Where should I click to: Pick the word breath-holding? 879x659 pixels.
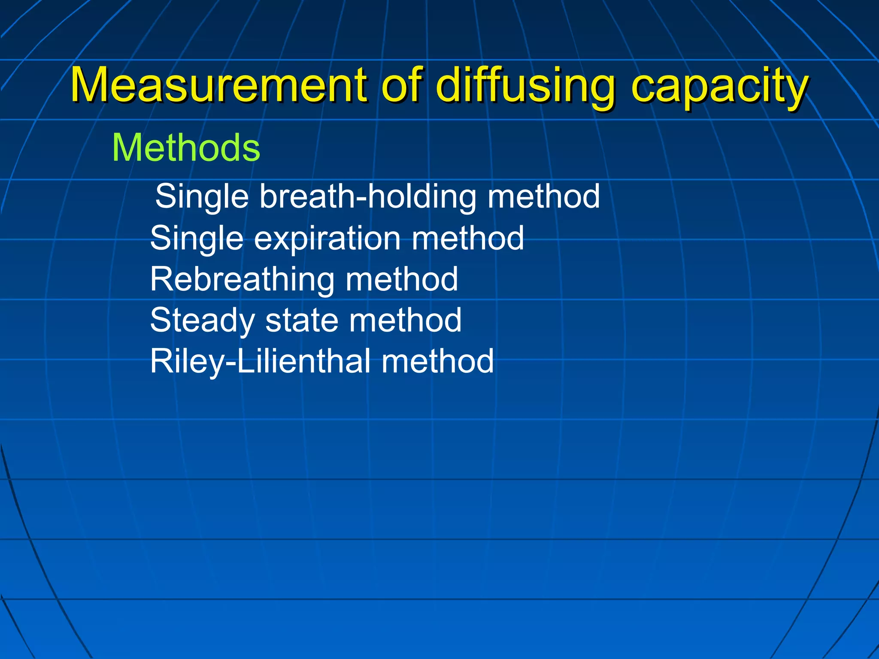(367, 196)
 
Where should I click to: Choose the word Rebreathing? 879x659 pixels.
(242, 279)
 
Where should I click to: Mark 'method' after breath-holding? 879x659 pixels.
(543, 196)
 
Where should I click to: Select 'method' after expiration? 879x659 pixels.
(468, 239)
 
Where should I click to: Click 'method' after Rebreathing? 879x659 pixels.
(402, 279)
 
